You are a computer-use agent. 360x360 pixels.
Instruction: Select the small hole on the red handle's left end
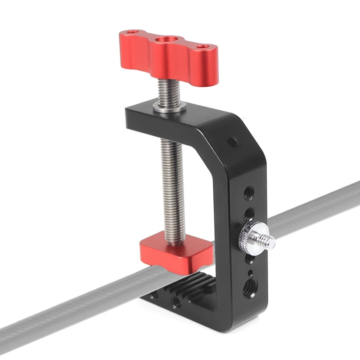pos(131,33)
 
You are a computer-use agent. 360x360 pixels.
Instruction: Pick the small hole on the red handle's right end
pos(204,46)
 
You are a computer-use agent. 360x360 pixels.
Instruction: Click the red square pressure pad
pos(175,252)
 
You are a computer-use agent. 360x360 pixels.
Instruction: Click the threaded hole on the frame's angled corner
pos(232,142)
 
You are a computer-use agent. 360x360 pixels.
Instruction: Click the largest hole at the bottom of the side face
pos(248,288)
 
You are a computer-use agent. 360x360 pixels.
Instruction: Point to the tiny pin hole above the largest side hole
pos(249,273)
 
